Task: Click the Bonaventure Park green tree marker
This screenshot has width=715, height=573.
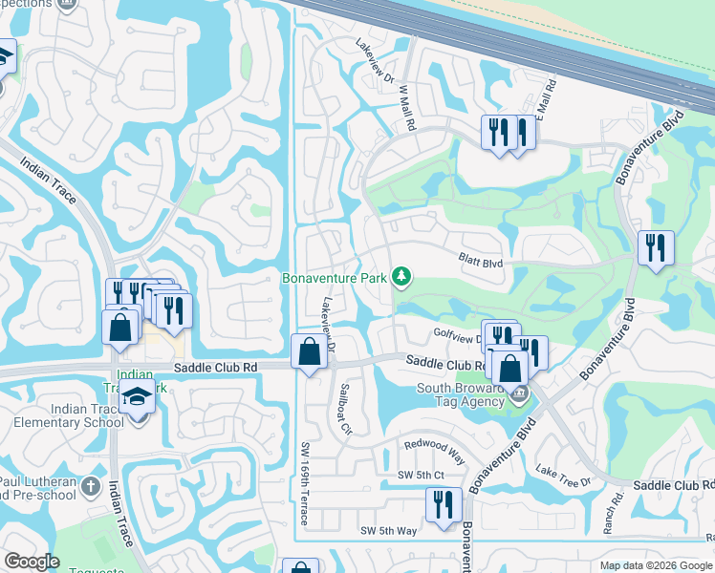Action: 402,278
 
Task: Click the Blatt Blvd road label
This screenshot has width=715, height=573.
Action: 481,260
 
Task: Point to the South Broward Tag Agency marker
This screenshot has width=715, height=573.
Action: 518,393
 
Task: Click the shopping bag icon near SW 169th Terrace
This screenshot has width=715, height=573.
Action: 310,350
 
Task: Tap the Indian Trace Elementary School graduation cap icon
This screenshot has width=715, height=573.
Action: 138,395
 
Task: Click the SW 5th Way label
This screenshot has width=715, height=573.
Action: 388,530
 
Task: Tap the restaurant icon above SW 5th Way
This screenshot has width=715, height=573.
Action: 444,504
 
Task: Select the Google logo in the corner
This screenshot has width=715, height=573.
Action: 32,562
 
